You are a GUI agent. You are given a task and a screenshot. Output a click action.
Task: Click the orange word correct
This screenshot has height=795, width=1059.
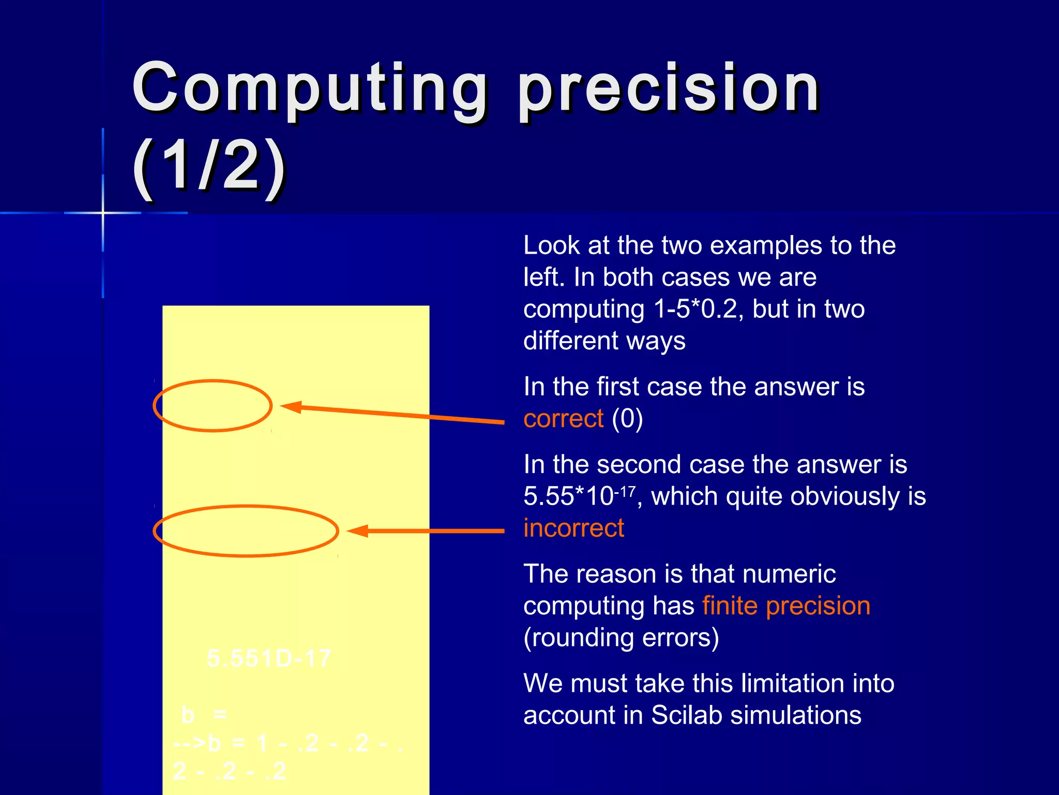coord(563,418)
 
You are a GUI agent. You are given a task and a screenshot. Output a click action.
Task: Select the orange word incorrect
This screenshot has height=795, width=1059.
coord(573,528)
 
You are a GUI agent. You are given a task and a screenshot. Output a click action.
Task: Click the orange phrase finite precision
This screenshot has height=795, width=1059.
coord(786,606)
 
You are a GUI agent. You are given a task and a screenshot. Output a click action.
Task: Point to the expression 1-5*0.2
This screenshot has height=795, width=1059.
coord(695,309)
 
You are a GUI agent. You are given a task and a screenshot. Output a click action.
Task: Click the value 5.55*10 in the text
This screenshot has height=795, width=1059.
coord(568,496)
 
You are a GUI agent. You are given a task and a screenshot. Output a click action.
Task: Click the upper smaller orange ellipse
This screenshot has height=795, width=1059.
coord(213,381)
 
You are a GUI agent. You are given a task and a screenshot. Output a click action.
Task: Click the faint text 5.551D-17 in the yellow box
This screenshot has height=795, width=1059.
coord(269,658)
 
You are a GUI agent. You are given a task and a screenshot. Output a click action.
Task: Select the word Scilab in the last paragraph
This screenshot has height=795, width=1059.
coord(685,715)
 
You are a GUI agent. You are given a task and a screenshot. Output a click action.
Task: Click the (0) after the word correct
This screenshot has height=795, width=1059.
coord(627,418)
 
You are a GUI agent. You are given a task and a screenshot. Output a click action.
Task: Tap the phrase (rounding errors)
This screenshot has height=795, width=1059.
coord(621,638)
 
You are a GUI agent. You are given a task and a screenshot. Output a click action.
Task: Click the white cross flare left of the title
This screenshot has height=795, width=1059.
coord(103,213)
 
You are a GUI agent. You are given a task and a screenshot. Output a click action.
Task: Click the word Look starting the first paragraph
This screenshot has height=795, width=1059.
coord(551,245)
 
